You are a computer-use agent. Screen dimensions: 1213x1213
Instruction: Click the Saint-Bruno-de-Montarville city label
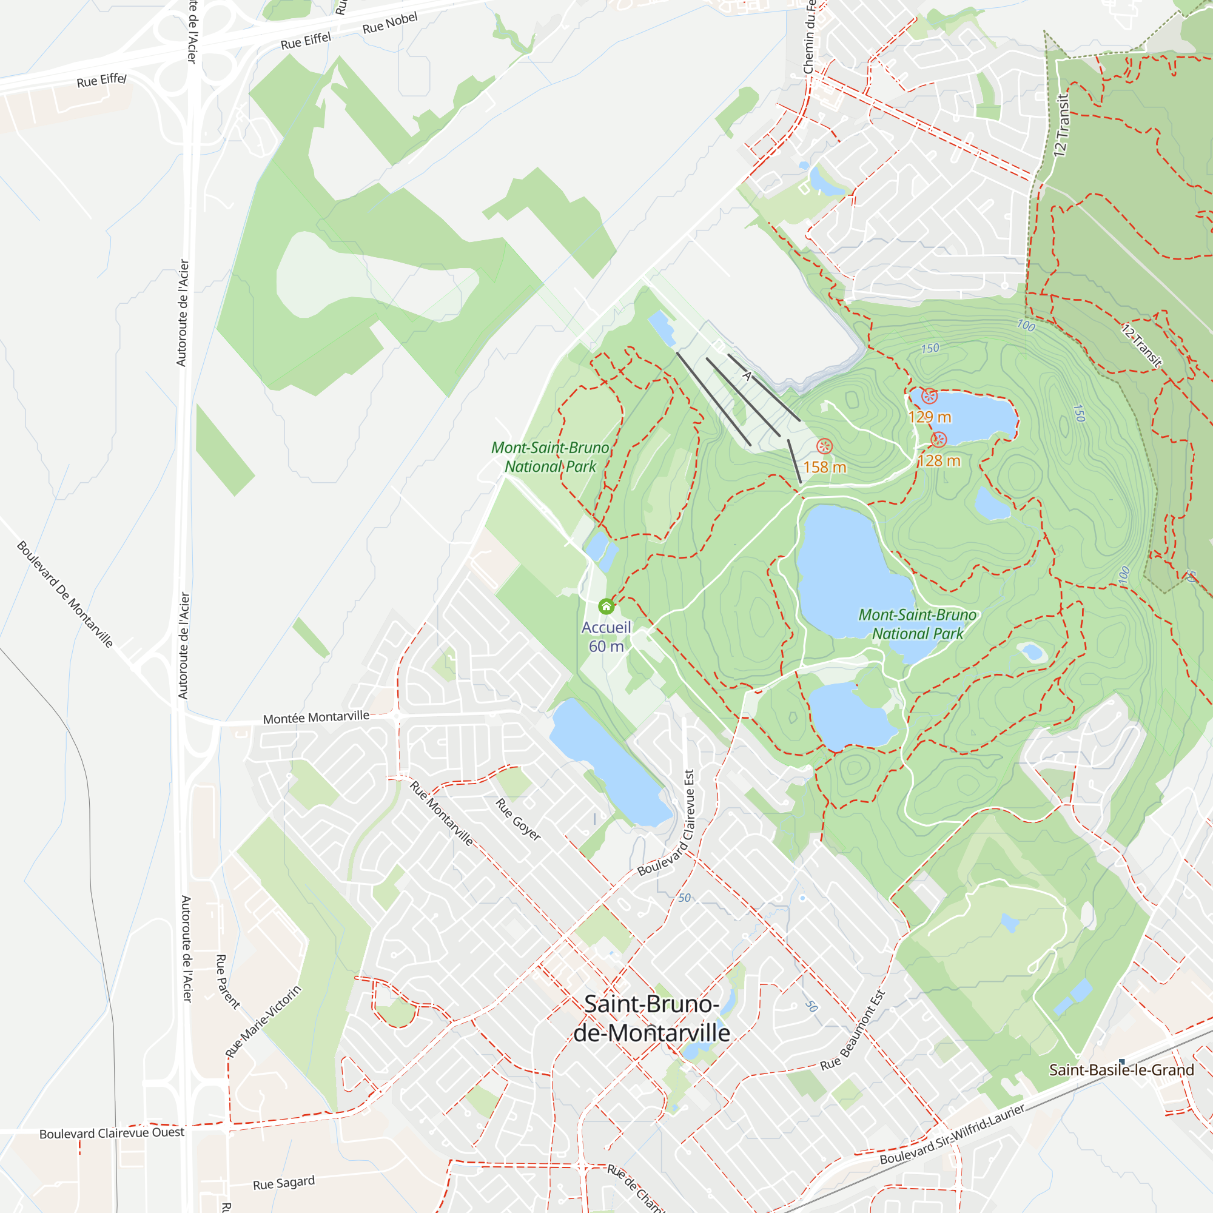[x=652, y=1018]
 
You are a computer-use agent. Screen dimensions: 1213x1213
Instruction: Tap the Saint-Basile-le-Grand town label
[x=1121, y=1070]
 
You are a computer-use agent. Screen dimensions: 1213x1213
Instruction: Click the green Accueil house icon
[x=606, y=606]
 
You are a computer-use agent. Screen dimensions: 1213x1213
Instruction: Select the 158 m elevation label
[x=824, y=467]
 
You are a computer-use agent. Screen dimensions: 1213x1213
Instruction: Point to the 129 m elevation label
[x=929, y=417]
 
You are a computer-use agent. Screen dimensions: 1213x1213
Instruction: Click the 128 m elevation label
[x=939, y=461]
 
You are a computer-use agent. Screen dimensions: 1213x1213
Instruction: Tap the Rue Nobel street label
[x=390, y=23]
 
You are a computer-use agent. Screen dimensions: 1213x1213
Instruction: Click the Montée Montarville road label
[x=316, y=717]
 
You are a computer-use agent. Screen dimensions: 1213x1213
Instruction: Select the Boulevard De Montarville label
[x=65, y=594]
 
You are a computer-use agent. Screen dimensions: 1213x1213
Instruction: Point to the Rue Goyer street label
[x=518, y=819]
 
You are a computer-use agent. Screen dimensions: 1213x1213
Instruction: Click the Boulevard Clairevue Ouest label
[x=112, y=1132]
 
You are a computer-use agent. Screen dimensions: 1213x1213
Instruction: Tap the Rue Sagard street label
[x=284, y=1183]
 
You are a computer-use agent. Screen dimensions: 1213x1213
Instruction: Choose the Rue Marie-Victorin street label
[x=264, y=1021]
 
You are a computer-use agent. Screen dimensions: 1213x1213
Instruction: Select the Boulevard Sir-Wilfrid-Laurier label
[x=952, y=1134]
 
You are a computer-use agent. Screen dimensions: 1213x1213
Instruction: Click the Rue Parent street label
[x=227, y=982]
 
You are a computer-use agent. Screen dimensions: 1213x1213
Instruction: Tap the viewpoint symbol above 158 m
[x=824, y=446]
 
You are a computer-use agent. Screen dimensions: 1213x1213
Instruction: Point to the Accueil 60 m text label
[x=606, y=637]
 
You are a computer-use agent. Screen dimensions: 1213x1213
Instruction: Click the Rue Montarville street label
[x=442, y=813]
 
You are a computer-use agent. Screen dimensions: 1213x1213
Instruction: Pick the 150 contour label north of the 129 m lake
[x=930, y=349]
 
